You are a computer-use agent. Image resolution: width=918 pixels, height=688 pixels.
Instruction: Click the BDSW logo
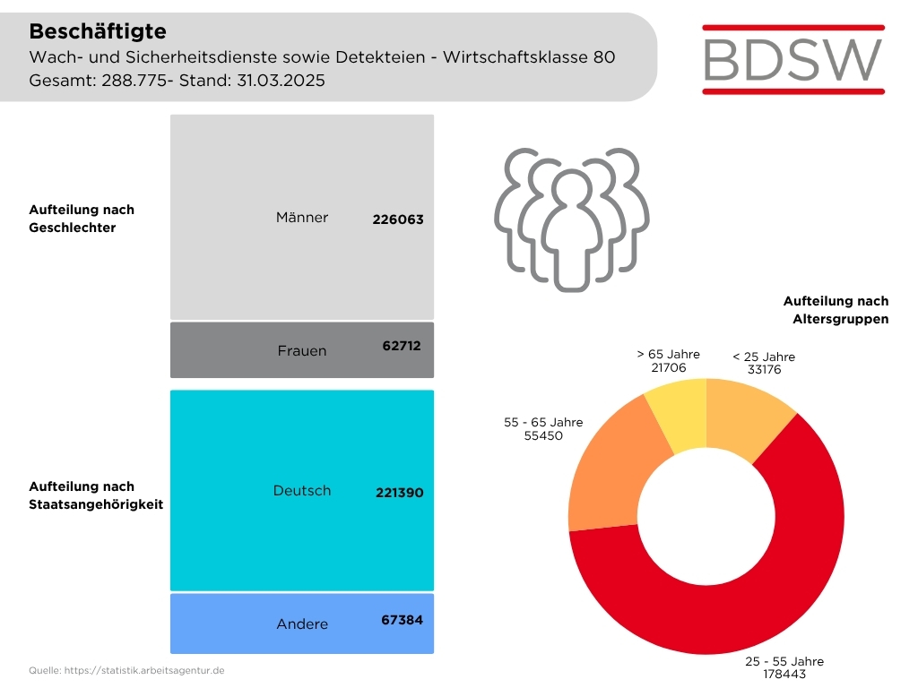click(793, 58)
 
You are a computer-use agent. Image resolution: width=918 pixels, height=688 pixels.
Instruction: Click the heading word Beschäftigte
click(98, 31)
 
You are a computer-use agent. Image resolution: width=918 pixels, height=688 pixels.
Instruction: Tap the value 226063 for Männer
click(398, 219)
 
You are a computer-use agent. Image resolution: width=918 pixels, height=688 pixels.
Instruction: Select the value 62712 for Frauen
click(401, 345)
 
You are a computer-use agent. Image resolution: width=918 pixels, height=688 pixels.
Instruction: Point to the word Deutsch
click(302, 490)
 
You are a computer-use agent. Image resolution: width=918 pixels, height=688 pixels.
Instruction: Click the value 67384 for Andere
click(401, 620)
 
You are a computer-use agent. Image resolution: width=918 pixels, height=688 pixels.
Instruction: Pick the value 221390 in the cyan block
click(398, 493)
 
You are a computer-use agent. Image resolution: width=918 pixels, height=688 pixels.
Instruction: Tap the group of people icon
click(571, 219)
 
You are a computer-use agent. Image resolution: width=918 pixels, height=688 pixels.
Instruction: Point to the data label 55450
click(543, 435)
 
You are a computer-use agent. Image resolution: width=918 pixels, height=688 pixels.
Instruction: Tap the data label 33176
click(764, 368)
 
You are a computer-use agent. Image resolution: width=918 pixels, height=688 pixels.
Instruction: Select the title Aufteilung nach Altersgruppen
click(836, 310)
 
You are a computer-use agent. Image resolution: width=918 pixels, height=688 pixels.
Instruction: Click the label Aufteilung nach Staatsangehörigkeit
click(96, 495)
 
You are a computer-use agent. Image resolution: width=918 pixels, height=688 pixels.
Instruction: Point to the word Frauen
click(302, 350)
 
